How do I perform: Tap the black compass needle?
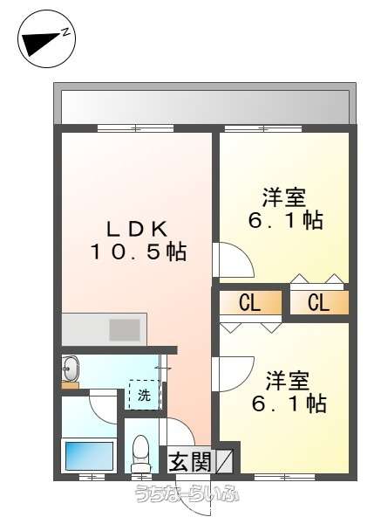click(x=42, y=43)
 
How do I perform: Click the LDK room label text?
click(x=137, y=229)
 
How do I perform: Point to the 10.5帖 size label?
click(x=138, y=252)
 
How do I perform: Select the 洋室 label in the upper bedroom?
click(x=283, y=197)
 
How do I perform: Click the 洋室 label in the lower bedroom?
click(x=287, y=381)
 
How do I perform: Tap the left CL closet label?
click(x=249, y=302)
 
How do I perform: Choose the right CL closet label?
click(x=318, y=302)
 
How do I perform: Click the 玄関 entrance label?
click(x=191, y=463)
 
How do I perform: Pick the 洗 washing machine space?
click(x=144, y=395)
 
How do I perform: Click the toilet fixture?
click(x=140, y=452)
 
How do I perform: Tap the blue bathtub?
click(x=89, y=456)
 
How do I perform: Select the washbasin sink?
click(x=71, y=368)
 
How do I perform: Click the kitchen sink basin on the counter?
click(x=125, y=330)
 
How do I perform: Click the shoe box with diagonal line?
click(x=225, y=461)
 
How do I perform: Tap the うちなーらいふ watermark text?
click(x=187, y=493)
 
